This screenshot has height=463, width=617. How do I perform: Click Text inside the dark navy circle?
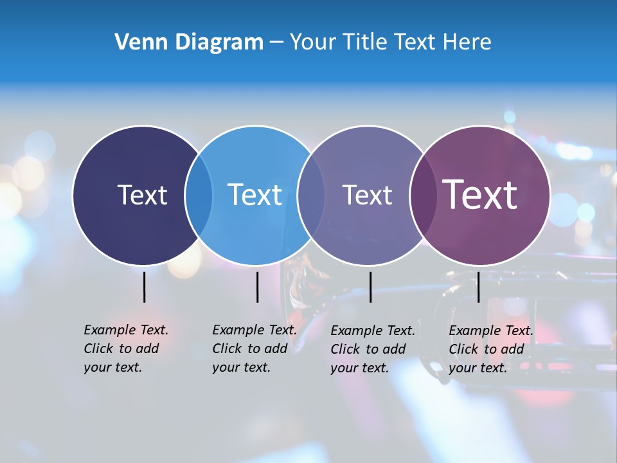[142, 195]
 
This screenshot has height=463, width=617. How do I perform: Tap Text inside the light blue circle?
[255, 195]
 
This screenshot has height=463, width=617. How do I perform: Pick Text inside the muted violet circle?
[367, 195]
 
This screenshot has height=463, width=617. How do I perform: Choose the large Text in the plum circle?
[480, 195]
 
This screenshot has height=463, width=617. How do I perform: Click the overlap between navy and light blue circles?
[199, 195]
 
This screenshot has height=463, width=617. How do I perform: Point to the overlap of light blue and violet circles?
[311, 195]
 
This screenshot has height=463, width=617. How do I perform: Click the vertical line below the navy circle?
[144, 287]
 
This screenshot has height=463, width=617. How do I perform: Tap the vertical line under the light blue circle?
[257, 287]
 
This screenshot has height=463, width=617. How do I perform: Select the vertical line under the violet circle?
[370, 287]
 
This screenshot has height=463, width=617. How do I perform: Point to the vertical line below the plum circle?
[478, 287]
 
